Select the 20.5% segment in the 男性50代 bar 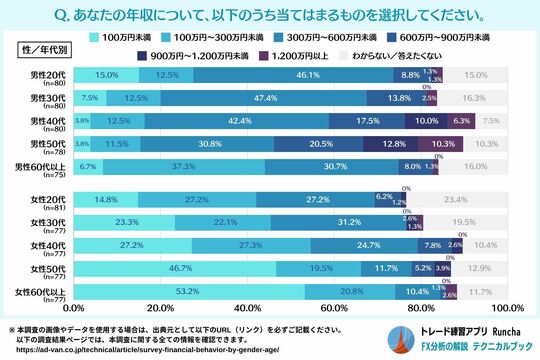326,143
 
